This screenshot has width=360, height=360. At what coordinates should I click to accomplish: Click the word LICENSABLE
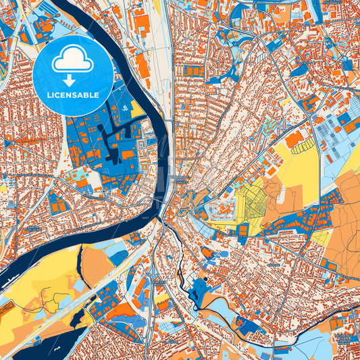coord(72,95)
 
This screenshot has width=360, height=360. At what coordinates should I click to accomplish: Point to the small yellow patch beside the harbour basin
coord(136,107)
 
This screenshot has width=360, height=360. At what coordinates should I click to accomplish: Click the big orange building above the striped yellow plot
coord(294,139)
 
